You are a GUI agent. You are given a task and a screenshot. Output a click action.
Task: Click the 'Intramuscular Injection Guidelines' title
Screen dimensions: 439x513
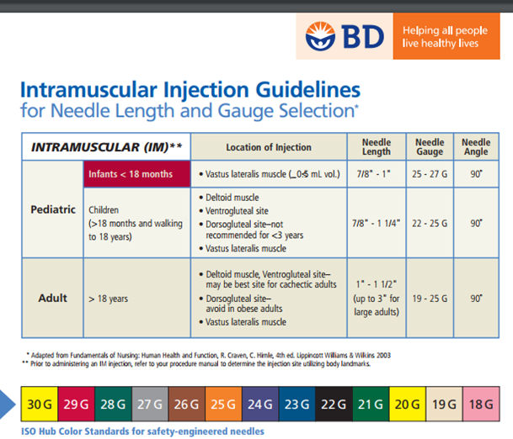190,90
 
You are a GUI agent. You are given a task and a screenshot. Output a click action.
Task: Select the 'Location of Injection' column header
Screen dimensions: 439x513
269,147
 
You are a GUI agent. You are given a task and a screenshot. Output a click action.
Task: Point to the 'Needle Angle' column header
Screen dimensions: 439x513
476,147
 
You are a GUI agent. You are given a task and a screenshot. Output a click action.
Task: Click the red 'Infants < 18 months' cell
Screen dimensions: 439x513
136,174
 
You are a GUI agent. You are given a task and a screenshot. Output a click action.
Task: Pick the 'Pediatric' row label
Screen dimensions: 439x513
52,209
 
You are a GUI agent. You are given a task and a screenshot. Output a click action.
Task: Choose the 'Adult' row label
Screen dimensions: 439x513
53,298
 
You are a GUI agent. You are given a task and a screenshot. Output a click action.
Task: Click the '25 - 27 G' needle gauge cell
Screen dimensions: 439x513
430,174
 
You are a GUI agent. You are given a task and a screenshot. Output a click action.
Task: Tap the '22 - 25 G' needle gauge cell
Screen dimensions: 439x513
430,223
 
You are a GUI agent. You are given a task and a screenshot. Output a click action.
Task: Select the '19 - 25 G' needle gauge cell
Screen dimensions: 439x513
430,298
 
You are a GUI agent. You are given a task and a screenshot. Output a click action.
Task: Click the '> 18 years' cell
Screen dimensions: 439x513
108,298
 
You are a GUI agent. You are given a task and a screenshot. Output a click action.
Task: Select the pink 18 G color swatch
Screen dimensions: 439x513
483,405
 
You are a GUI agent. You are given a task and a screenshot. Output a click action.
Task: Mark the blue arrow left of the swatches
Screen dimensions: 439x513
9,405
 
